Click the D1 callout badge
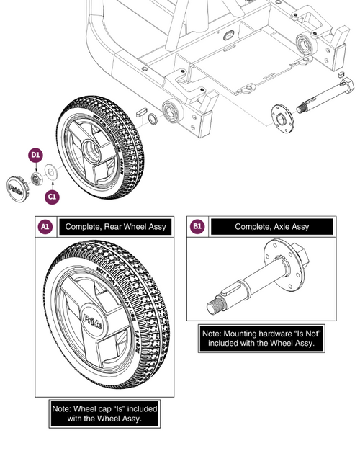coord(35,154)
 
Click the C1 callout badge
coord(52,195)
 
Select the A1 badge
coord(44,227)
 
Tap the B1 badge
coord(197,227)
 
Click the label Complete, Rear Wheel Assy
coord(115,227)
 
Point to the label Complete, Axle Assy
coord(271,227)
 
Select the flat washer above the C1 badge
coord(52,173)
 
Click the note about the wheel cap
coord(105,413)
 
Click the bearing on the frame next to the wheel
coord(174,112)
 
